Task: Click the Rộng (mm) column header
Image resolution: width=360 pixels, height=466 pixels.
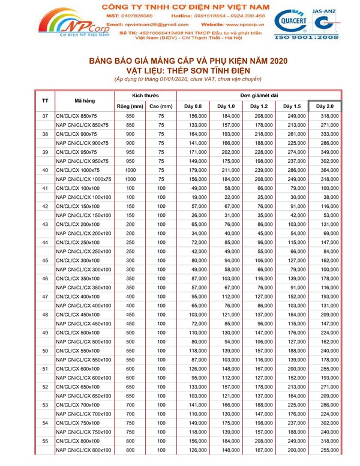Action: click(x=130, y=106)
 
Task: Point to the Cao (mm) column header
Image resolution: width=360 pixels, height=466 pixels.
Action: click(x=161, y=106)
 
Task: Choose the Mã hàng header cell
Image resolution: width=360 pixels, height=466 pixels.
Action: click(x=83, y=100)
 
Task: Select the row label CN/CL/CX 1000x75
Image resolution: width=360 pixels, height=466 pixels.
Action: click(x=80, y=170)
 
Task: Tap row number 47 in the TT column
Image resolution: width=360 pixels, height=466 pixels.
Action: click(x=45, y=297)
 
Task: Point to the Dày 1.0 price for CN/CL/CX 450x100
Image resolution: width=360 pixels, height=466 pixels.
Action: click(x=232, y=315)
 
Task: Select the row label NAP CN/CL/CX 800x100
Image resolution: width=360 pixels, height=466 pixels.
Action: click(x=83, y=450)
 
